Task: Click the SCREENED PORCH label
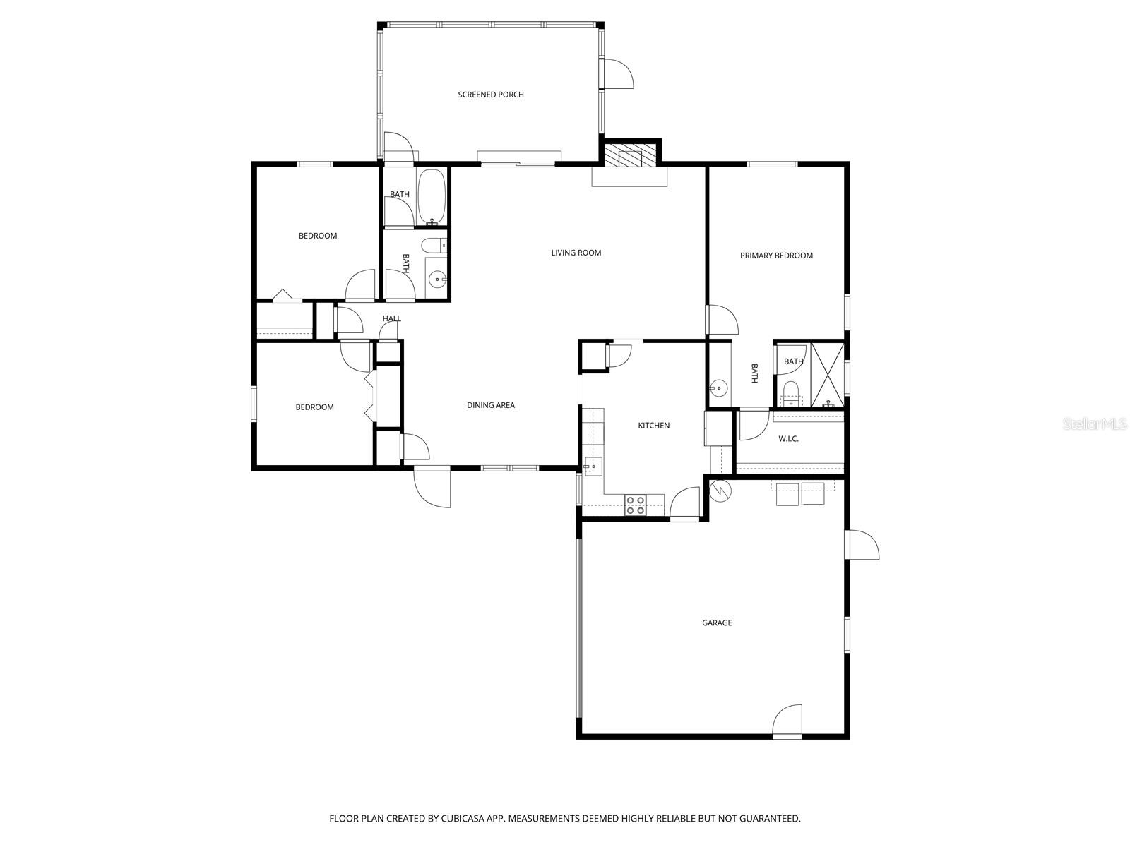491,95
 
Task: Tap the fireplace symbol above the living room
631,156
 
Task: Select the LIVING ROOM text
576,253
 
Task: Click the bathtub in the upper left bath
431,196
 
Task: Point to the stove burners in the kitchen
635,505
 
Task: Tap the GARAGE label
716,623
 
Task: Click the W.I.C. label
788,439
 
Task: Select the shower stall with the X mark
827,374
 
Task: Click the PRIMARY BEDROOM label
776,256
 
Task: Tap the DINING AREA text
490,405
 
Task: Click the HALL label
391,318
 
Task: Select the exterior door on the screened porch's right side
617,74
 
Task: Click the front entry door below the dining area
432,487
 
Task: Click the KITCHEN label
653,426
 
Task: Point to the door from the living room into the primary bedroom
722,320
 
